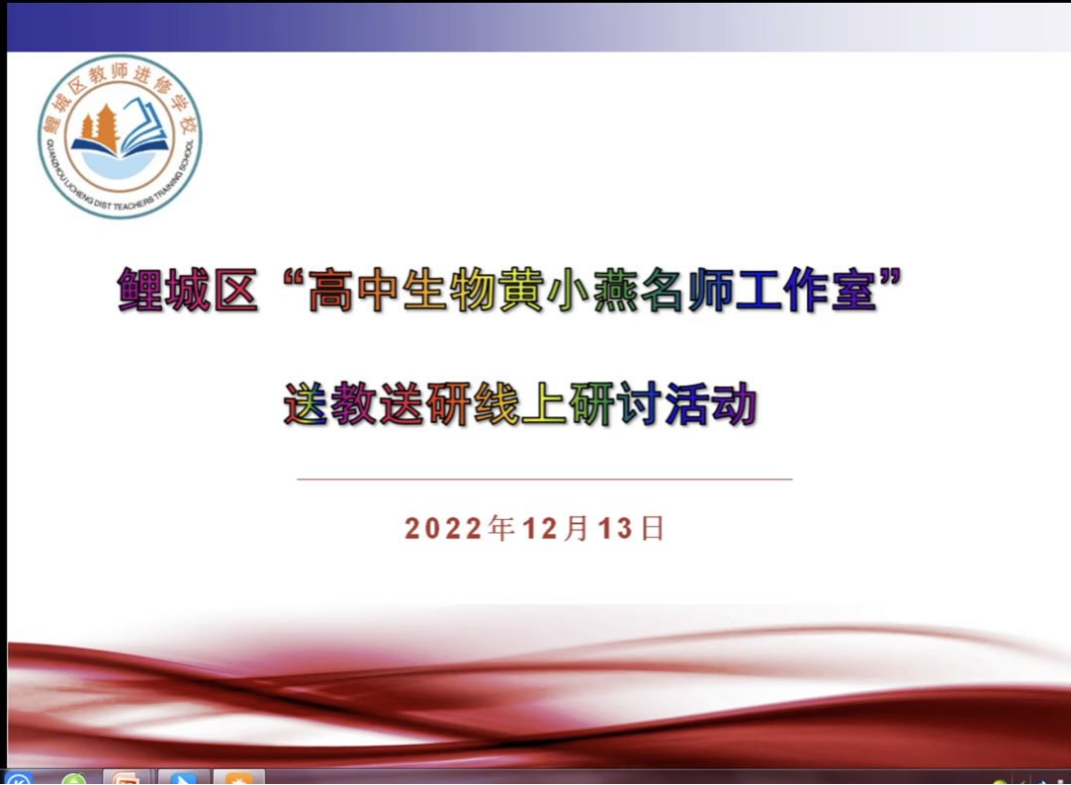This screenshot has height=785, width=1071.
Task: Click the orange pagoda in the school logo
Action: (x=100, y=129)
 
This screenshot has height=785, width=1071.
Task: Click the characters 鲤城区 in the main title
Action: (x=188, y=290)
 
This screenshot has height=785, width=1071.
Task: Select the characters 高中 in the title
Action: (x=353, y=290)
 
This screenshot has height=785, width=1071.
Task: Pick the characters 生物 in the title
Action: (x=449, y=290)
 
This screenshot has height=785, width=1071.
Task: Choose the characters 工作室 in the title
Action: (x=805, y=290)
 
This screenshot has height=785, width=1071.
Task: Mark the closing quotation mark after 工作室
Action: (x=891, y=279)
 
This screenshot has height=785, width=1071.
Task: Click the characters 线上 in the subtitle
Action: (x=520, y=404)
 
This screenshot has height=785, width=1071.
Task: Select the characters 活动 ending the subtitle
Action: (x=710, y=404)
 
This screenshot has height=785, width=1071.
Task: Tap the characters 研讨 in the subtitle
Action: (x=615, y=404)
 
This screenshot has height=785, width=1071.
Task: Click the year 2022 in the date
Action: (x=444, y=529)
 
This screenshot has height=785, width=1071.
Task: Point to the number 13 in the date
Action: (x=615, y=529)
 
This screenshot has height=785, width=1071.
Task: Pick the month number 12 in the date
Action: (x=541, y=529)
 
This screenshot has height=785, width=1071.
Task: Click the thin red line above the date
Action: (x=544, y=480)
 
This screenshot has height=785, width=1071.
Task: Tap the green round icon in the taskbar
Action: (x=73, y=779)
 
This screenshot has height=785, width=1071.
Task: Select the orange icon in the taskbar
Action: (x=238, y=779)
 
